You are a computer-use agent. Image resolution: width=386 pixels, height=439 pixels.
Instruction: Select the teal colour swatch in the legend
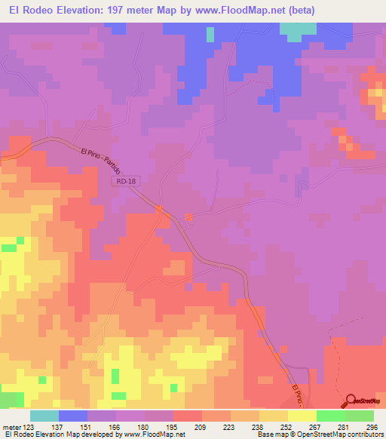coord(44,416)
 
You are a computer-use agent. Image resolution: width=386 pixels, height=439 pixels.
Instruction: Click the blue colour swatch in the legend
coord(73,416)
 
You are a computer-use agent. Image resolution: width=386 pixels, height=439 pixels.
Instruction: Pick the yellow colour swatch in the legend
coord(302,416)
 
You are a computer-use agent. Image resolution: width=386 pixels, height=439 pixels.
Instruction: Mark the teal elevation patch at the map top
coord(299,29)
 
